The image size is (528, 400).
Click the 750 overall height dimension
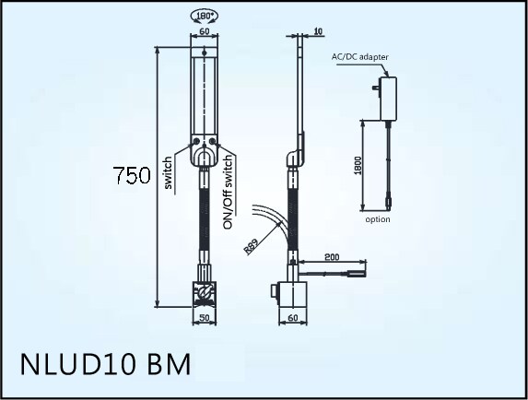coord(132,175)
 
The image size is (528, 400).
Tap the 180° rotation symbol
coord(205,17)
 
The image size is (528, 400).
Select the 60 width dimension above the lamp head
coord(205,31)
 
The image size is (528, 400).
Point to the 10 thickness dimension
coord(318,31)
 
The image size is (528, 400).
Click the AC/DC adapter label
coord(359,57)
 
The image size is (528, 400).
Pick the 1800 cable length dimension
coord(358,166)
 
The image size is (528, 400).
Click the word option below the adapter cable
coord(378,219)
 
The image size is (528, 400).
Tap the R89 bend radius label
coord(251,246)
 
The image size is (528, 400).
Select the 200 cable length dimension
coord(332,257)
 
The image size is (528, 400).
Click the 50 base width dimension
coord(205,317)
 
